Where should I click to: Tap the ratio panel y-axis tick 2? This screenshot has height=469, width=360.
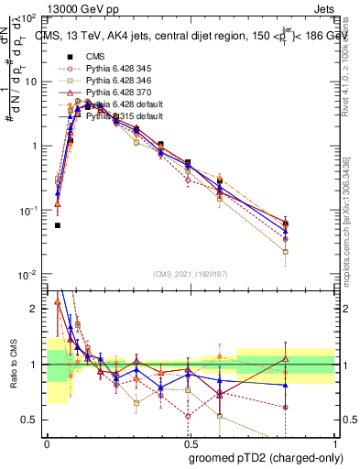point(38,310)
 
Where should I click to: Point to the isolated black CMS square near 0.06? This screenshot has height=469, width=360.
point(58,225)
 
